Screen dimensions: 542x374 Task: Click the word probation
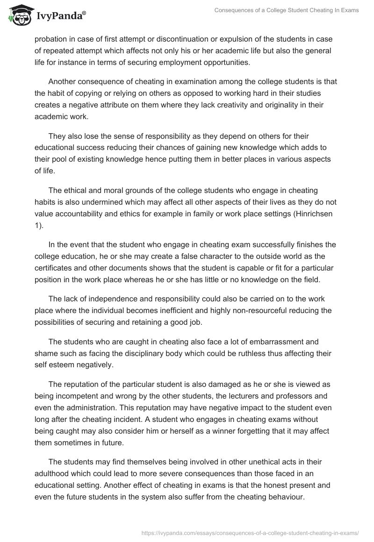click(52, 39)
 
